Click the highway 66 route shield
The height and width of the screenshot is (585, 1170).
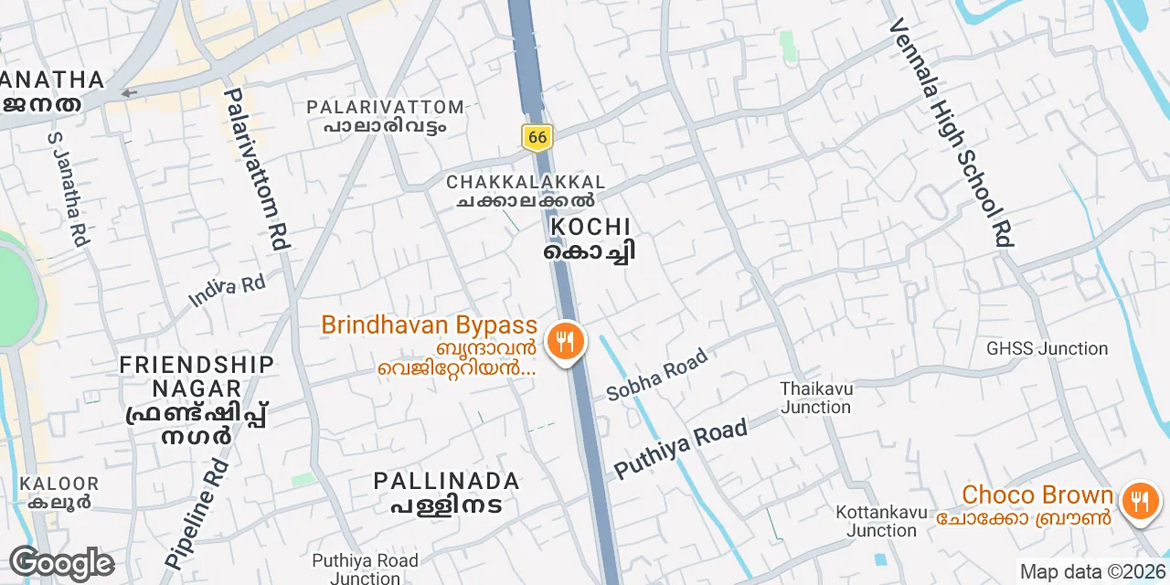point(537,137)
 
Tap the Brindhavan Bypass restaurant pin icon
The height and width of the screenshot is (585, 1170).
point(566,343)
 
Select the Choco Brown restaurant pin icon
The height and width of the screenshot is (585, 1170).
point(1140,502)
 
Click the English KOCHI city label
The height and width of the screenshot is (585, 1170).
point(590,227)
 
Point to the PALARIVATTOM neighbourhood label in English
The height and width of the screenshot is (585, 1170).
point(385,107)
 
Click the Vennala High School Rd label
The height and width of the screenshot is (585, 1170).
point(952,132)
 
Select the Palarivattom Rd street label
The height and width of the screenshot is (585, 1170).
point(257,169)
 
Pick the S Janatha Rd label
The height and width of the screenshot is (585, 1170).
point(67,189)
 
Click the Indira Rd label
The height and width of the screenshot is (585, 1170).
point(227,289)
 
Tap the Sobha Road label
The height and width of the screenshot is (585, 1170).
point(657,375)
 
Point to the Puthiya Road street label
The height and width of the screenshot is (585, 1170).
point(681,449)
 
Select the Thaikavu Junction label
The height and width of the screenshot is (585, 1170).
point(816,398)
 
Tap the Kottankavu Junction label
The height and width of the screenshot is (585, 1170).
point(881,521)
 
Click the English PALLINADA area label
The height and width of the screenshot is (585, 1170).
point(447,481)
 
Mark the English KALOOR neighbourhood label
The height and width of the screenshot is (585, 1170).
point(59,484)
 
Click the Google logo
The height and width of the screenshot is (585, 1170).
point(61,564)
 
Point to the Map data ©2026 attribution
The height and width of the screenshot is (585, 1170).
point(1091,572)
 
